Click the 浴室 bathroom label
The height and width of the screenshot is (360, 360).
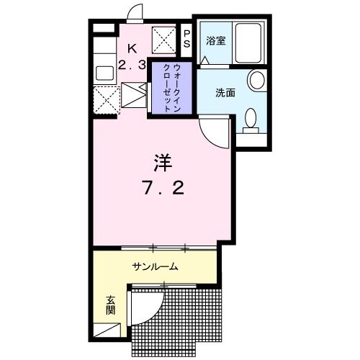(217, 41)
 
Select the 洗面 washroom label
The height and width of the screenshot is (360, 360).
(224, 93)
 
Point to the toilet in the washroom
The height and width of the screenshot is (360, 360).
(251, 120)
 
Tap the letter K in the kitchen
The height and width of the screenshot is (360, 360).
(131, 48)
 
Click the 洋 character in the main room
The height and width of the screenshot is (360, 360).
(163, 161)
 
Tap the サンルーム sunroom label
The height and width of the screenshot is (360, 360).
(154, 266)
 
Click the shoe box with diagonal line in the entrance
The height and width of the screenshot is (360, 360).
(111, 331)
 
